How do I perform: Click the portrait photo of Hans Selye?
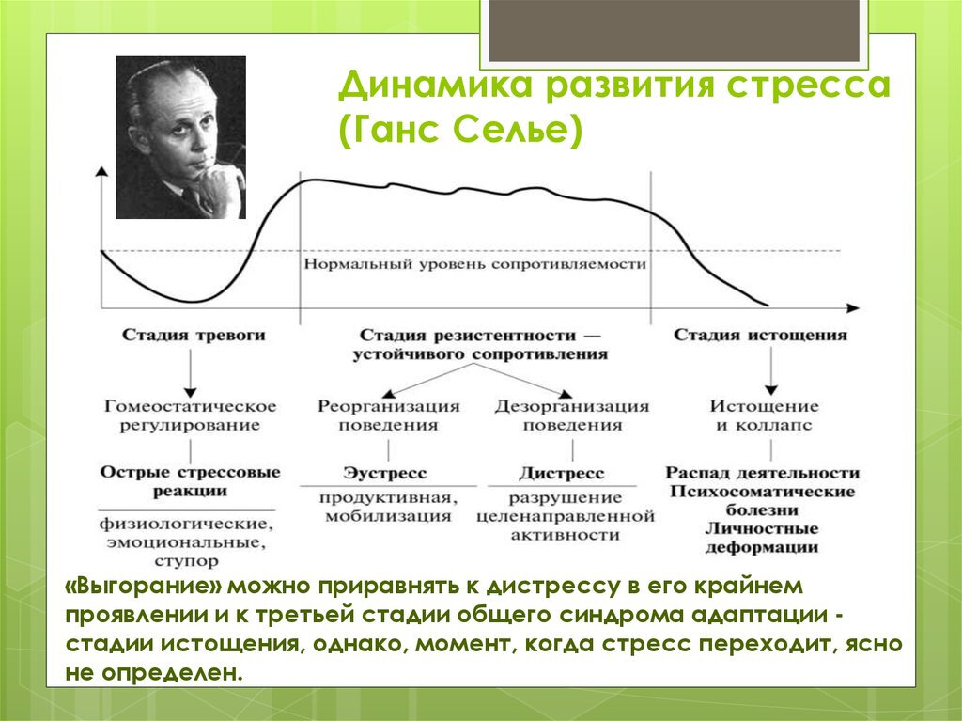pos(180,137)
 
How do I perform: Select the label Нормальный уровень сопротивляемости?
pos(474,264)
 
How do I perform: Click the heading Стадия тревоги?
pos(194,335)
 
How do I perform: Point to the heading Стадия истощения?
pos(760,335)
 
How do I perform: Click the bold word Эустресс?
pos(384,473)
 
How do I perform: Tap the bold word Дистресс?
pos(561,473)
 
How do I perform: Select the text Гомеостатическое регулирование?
pos(191,415)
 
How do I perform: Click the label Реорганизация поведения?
pos(389,415)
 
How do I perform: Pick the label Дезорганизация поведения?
pos(572,415)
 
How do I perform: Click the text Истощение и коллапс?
pos(764,415)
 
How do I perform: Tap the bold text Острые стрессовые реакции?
pos(191,481)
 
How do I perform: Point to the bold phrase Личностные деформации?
pos(761,538)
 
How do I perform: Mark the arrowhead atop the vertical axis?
pos(100,170)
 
